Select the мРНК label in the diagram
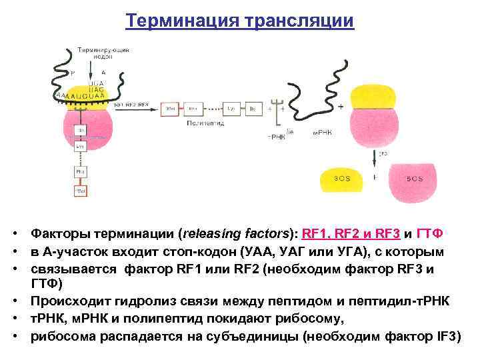coord(323,133)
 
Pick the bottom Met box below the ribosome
coord(80,191)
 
